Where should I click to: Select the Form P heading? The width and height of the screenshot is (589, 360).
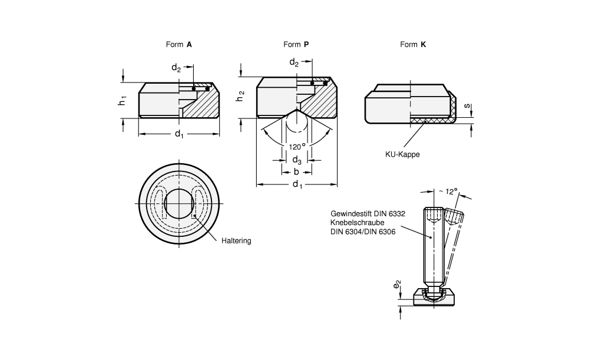[x=296, y=44]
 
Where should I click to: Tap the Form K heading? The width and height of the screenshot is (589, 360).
[x=413, y=44]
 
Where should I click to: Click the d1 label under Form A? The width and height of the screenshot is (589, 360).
[x=179, y=135]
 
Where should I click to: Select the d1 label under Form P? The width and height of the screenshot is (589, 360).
[x=297, y=186]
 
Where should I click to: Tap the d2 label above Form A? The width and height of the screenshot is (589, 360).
[x=177, y=68]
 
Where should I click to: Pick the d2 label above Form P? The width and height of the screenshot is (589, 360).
[x=294, y=62]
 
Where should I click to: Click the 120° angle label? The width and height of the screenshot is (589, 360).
[x=296, y=146]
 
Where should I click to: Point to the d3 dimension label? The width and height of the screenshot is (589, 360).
[x=297, y=160]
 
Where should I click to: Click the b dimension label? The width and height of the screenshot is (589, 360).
[x=296, y=172]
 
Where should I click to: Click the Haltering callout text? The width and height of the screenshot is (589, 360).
[x=237, y=241]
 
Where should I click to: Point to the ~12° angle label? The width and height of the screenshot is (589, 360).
[x=449, y=191]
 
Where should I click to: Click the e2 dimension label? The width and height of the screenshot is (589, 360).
[x=399, y=286]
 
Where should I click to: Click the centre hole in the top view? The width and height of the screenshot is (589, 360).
[x=178, y=204]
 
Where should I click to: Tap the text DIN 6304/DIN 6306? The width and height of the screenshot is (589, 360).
[x=363, y=232]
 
